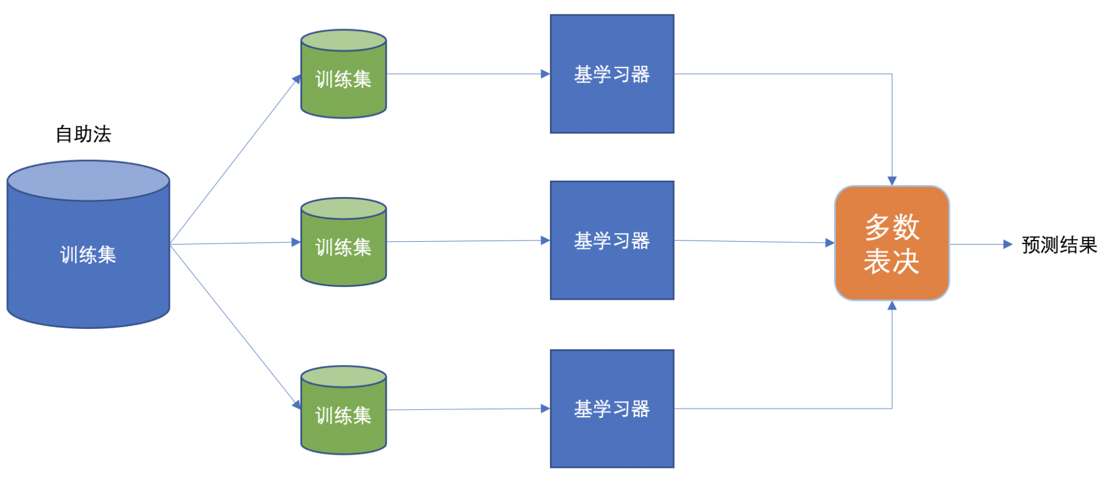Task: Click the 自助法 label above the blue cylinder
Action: (x=83, y=134)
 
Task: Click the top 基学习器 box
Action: (x=612, y=74)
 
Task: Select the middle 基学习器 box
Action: (x=612, y=241)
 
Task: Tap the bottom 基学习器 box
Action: (x=612, y=409)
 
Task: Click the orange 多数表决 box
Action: (x=892, y=243)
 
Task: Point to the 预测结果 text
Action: (x=1059, y=245)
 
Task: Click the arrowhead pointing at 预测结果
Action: (x=1008, y=245)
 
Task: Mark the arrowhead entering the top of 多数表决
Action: (x=892, y=181)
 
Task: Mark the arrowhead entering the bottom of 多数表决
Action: (x=892, y=306)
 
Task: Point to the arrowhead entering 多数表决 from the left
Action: (x=830, y=243)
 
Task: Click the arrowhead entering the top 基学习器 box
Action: (x=545, y=74)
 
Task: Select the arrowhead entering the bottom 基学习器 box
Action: (x=545, y=409)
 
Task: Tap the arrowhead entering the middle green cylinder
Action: (x=296, y=242)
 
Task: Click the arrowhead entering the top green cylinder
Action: (x=297, y=79)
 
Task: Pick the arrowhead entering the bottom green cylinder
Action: (x=297, y=404)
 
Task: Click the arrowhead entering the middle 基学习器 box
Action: (x=545, y=240)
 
